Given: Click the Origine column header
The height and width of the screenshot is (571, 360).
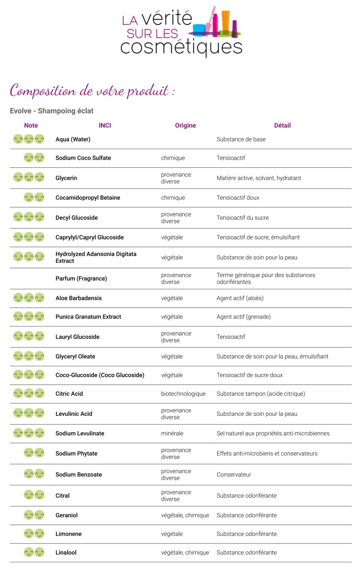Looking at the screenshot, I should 185,125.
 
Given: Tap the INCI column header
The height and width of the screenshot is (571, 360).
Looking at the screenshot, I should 105,125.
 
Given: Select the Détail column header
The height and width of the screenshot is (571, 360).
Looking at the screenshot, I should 282,125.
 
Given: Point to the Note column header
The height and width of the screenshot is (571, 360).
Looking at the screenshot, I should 31,125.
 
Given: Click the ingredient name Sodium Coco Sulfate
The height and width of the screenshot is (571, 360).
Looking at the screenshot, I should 83,158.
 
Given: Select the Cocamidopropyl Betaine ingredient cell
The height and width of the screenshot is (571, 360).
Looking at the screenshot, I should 88,197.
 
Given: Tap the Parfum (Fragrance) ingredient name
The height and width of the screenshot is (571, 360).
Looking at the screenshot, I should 81,278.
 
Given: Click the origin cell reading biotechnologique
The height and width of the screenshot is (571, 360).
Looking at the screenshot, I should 183,394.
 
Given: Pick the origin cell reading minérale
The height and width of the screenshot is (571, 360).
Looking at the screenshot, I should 172,433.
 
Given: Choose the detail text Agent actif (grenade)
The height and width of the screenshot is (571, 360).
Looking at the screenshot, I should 243,317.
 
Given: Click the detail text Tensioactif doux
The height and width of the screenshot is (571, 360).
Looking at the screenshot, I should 238,197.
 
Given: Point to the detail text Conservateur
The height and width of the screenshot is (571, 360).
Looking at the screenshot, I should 234,474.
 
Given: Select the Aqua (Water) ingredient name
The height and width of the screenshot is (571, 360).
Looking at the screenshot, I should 73,139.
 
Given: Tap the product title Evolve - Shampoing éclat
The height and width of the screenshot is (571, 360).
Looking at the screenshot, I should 52,111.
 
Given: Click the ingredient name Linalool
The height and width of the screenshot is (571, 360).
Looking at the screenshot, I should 66,552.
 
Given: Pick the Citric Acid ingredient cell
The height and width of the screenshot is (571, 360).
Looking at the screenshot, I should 69,394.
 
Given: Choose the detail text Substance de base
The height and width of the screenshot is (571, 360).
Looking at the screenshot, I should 241,139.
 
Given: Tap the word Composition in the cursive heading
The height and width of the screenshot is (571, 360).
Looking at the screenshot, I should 42,91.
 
